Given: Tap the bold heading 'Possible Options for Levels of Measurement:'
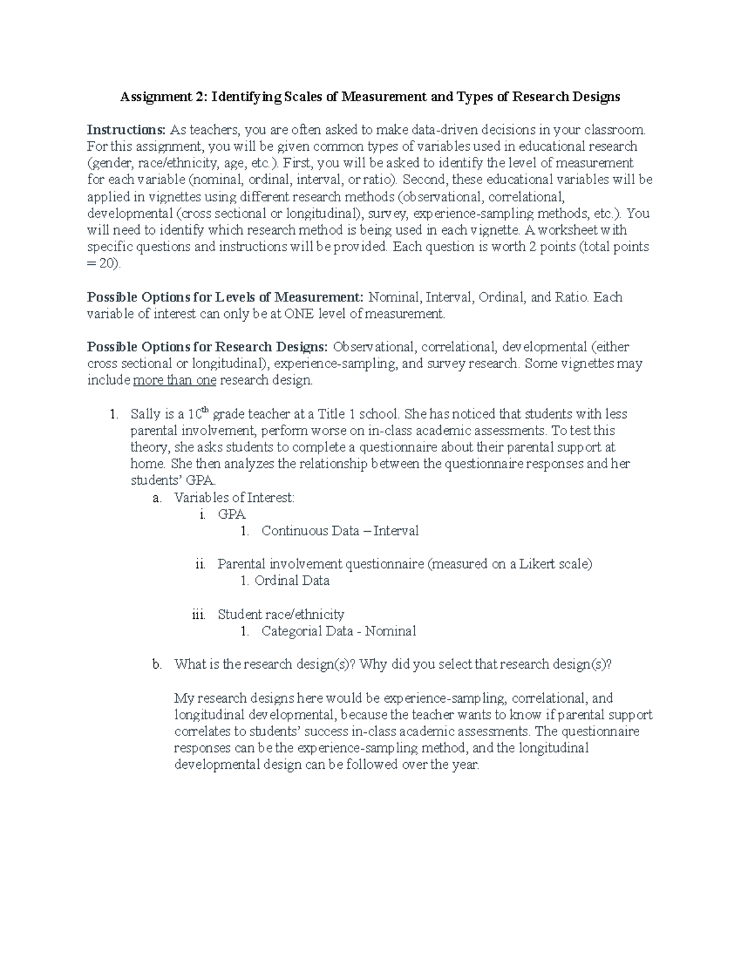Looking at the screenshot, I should (226, 297).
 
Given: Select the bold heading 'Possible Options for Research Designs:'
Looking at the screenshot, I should (208, 347).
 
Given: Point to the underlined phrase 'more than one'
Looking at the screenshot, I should (175, 380).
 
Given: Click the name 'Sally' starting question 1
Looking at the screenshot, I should (145, 414).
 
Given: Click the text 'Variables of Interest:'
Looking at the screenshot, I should (234, 498).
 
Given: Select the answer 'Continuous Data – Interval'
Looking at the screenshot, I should (340, 531).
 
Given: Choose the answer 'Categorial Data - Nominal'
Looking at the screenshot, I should (338, 631).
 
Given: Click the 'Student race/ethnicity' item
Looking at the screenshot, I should (281, 614).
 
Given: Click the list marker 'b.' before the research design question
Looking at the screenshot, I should (157, 664).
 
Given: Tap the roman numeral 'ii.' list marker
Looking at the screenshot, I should (199, 564).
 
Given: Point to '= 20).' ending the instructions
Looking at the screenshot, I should (104, 264).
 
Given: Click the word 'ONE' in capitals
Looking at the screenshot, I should (299, 314).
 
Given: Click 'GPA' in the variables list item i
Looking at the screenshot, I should (232, 514).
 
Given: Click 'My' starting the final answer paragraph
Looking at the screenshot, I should (183, 698).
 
